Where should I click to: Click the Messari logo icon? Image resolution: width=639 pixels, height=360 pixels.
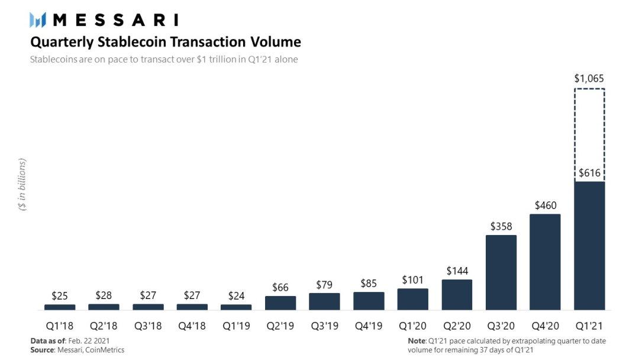tap(38, 20)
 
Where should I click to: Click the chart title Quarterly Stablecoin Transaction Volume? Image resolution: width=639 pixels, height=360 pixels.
tap(165, 42)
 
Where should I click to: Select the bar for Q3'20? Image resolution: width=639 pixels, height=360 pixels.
tap(501, 272)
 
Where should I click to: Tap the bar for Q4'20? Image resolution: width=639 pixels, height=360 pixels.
tap(545, 262)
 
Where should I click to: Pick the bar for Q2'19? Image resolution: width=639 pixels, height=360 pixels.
tap(280, 303)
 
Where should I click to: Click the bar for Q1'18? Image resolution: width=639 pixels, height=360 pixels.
tap(60, 307)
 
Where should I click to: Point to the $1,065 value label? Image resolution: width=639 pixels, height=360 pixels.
tap(589, 78)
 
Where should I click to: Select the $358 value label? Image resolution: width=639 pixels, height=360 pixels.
tap(501, 226)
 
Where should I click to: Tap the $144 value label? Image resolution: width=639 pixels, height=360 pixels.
tap(457, 271)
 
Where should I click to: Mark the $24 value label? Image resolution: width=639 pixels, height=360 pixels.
tap(236, 295)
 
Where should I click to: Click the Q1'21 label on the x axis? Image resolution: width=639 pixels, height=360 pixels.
tap(589, 326)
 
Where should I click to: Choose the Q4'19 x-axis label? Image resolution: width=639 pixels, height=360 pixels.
tap(369, 326)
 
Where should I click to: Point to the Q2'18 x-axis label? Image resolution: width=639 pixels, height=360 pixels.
tap(104, 326)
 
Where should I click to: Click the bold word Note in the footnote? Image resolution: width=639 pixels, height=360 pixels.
tap(417, 341)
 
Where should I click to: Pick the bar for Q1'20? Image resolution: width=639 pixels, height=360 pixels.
tap(412, 300)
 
